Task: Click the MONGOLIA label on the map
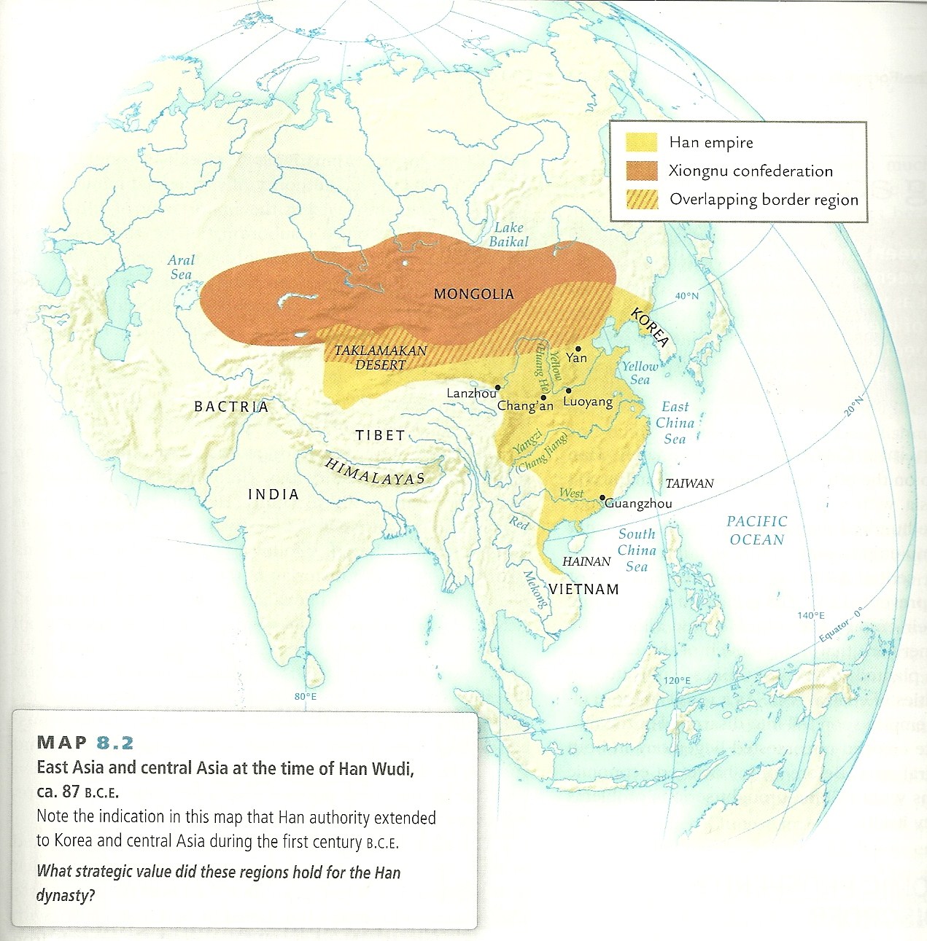click(x=473, y=294)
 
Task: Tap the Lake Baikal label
click(x=508, y=235)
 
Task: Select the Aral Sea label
click(x=181, y=267)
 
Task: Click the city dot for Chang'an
click(x=543, y=398)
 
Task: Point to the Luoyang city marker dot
click(x=568, y=391)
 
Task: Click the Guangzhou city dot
click(x=602, y=498)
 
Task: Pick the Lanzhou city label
click(x=471, y=394)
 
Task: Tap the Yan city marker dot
click(x=578, y=349)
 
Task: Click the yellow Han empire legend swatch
click(x=642, y=142)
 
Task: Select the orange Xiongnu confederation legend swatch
click(x=642, y=171)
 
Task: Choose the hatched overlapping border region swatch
click(x=642, y=199)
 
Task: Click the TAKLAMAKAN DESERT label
click(x=380, y=357)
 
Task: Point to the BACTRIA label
click(x=231, y=407)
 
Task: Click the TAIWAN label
click(x=689, y=483)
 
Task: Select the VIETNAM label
click(x=583, y=589)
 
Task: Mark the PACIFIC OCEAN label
click(x=756, y=530)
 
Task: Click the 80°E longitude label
click(x=306, y=697)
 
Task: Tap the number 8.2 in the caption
click(x=115, y=743)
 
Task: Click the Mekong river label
click(x=535, y=589)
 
